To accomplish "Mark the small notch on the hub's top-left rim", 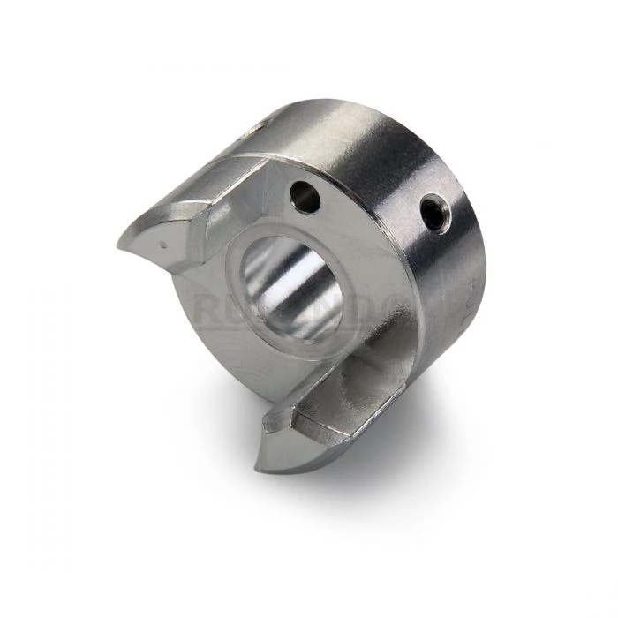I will (x=255, y=129).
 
